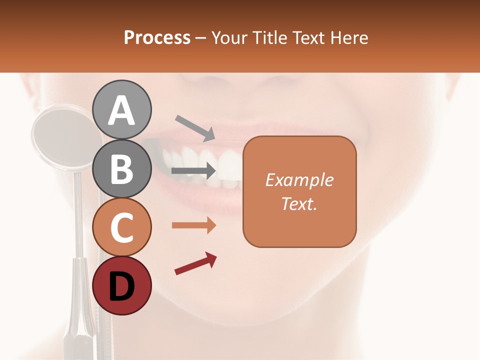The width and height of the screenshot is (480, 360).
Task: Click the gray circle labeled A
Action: [122, 109]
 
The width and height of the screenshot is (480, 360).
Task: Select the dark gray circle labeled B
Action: [122, 168]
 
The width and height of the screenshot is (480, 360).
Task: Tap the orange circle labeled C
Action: [122, 227]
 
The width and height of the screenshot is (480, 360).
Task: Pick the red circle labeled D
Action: [122, 285]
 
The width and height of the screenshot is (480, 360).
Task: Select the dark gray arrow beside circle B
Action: [193, 171]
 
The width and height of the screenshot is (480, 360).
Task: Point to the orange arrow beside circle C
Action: [193, 225]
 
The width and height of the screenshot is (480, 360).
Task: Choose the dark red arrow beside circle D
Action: [195, 264]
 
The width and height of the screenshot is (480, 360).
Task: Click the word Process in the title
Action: [157, 38]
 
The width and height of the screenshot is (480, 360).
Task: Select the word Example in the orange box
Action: [299, 180]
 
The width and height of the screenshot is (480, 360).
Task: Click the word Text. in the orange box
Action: [299, 203]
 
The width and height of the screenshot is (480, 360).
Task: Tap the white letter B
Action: [122, 168]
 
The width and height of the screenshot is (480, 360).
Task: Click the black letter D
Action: [122, 286]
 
